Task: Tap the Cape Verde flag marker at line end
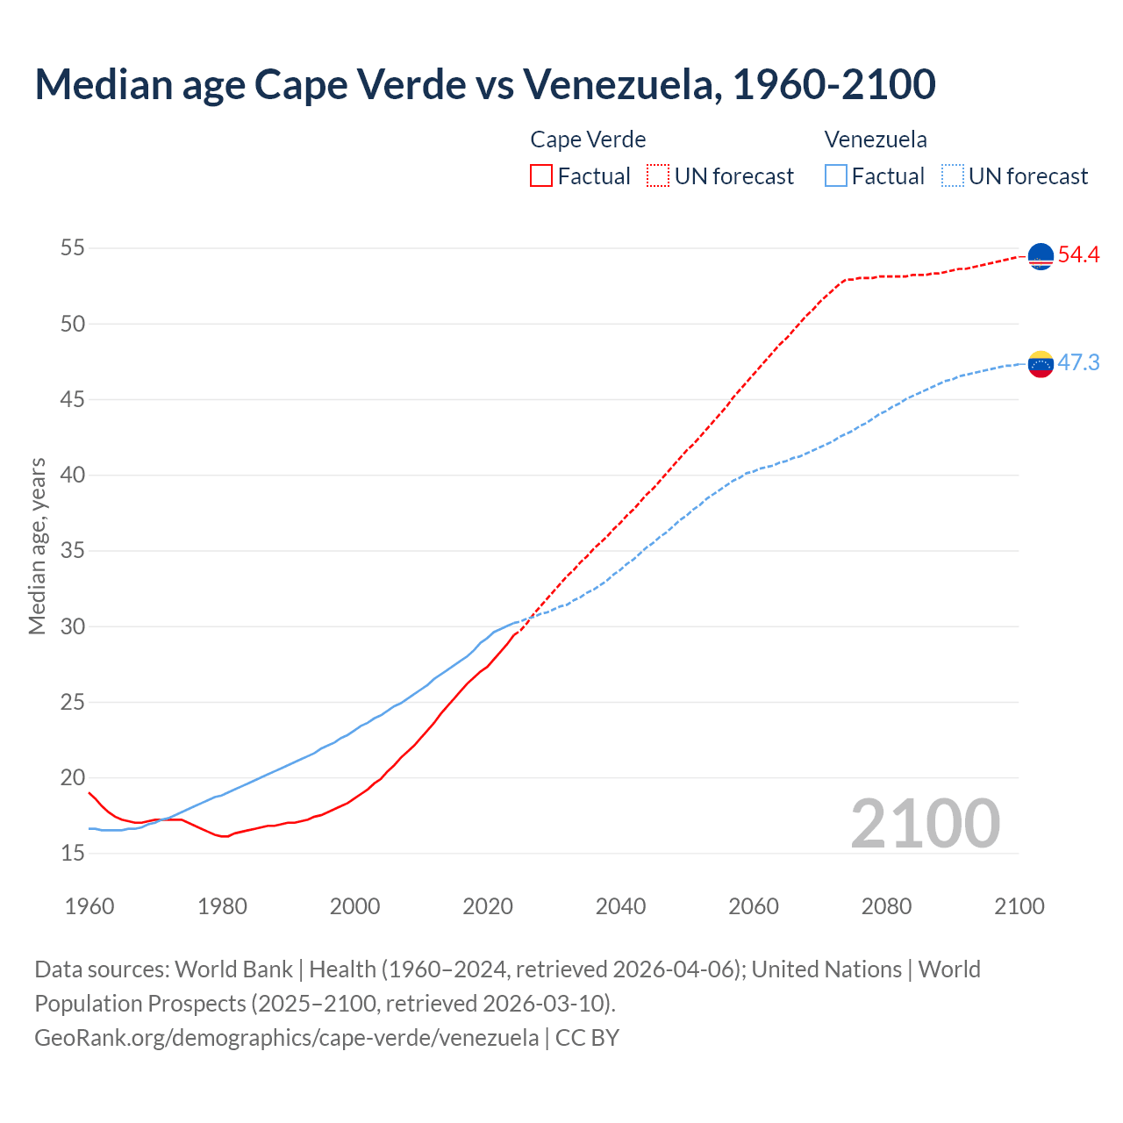(x=1041, y=256)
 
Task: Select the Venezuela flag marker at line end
(x=1041, y=363)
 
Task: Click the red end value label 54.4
(x=1078, y=255)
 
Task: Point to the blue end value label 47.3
(x=1078, y=362)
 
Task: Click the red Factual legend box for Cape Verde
(x=541, y=175)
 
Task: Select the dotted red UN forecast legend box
(x=658, y=175)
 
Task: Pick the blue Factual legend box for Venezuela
(x=836, y=175)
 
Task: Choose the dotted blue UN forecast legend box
(x=953, y=175)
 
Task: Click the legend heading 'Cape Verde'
(x=588, y=139)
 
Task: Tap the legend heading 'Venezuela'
(x=876, y=139)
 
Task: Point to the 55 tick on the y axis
(x=73, y=248)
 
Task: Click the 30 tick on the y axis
(x=73, y=626)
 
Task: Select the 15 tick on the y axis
(x=73, y=853)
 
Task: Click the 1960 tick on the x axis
(x=89, y=906)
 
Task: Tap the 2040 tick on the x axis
(x=620, y=906)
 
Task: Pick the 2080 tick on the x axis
(x=886, y=906)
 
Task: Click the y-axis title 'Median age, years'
(x=37, y=546)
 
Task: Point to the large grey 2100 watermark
(x=925, y=823)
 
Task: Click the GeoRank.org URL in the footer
(x=286, y=1037)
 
